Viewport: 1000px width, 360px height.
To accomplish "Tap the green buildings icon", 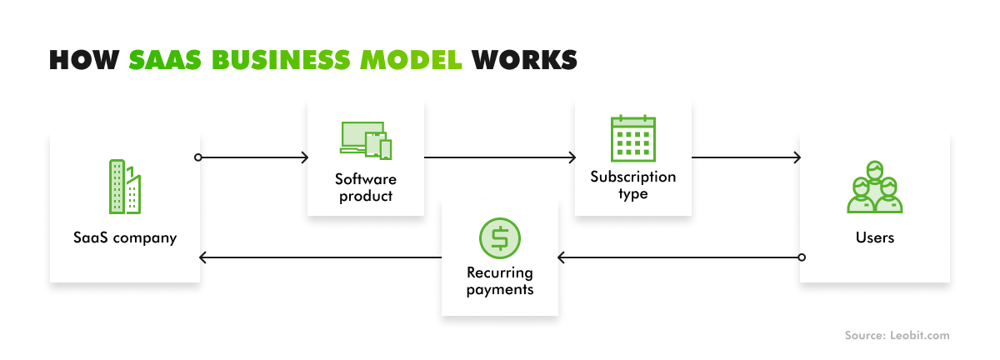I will [125, 187].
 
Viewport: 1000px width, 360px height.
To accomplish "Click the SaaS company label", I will [125, 237].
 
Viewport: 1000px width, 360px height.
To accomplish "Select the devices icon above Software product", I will [366, 140].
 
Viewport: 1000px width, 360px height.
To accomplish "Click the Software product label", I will [366, 187].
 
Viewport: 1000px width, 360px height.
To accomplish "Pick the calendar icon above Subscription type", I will [632, 138].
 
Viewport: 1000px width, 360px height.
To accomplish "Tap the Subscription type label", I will [633, 185].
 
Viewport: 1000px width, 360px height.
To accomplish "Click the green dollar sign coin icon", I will [499, 237].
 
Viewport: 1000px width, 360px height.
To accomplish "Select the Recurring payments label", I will [500, 281].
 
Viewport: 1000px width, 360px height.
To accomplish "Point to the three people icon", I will [874, 188].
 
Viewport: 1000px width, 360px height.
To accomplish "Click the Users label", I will [875, 237].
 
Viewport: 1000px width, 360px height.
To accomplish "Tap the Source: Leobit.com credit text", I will [897, 335].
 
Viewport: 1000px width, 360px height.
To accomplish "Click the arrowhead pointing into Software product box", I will [304, 157].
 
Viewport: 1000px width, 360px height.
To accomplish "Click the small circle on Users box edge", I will [802, 257].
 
